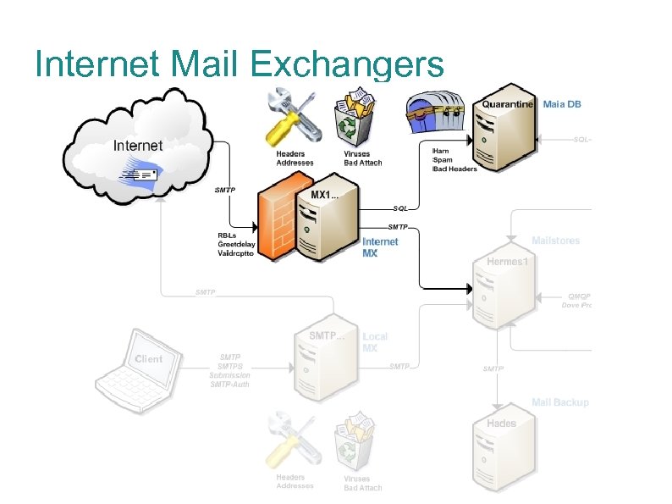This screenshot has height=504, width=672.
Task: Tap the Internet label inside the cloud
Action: coord(138,146)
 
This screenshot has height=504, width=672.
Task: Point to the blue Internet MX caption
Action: coord(380,247)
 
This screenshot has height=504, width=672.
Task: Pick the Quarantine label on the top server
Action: coord(508,104)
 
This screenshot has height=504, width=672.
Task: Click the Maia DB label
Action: coord(562,104)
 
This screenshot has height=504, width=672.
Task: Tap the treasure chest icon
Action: coord(436,114)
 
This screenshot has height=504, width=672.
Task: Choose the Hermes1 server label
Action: coord(508,262)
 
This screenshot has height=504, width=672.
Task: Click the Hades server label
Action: coord(501,423)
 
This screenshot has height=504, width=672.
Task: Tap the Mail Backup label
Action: coord(560,402)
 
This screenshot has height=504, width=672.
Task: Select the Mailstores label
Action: coord(556,241)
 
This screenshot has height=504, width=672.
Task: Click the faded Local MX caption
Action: coord(376,342)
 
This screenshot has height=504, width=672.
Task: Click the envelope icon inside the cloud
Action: coord(141,174)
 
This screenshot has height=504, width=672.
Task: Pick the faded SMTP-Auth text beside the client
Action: coord(230,385)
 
